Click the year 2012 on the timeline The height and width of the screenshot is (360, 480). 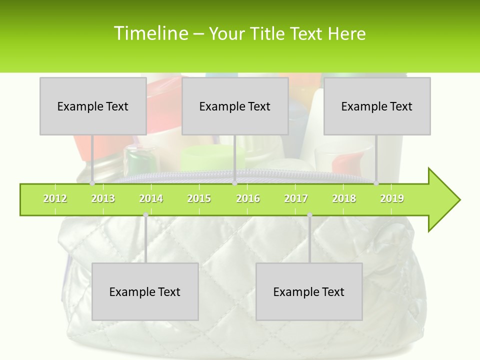point(55,198)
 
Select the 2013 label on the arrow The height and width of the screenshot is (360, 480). point(103,198)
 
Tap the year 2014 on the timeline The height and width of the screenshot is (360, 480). point(151,198)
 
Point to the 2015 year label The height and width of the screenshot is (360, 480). point(199,198)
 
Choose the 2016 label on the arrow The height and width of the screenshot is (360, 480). point(248,198)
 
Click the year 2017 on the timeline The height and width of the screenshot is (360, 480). point(296,198)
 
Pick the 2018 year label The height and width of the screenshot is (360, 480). point(344,198)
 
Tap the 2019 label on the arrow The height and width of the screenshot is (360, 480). point(392,198)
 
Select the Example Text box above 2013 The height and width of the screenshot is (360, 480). point(93,106)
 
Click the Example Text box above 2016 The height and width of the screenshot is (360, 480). point(235,106)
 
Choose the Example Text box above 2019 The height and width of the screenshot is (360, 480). point(377,106)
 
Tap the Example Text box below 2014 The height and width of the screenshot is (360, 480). point(145,291)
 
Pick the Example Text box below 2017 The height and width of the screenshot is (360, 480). point(309,291)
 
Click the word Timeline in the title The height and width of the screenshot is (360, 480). point(150,33)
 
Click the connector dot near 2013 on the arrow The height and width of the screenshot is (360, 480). point(92,183)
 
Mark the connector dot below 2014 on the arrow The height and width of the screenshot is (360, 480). point(145,215)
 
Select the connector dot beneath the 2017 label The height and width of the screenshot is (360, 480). point(309,215)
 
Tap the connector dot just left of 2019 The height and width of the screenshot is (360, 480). point(376,183)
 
